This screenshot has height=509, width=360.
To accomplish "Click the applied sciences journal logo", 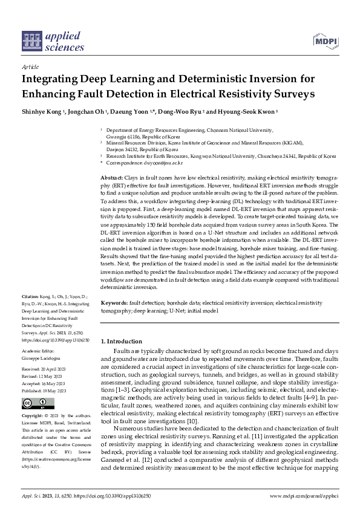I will [53, 41].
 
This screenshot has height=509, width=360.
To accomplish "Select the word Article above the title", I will [30, 68].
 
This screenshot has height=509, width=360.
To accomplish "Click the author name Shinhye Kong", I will [42, 112].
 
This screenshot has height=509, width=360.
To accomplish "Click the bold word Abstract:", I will [111, 175].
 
